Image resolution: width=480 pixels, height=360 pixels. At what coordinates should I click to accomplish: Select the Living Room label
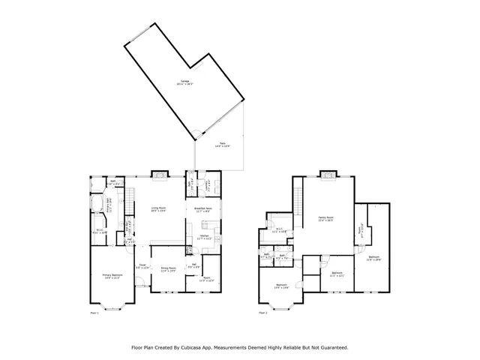(158, 210)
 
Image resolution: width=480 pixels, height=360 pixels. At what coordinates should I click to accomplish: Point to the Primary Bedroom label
(112, 277)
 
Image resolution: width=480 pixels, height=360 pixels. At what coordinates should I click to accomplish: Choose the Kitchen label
(203, 237)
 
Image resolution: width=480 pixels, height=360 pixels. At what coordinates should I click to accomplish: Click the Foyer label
(140, 266)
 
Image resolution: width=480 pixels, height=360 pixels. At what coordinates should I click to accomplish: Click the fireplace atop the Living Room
(160, 175)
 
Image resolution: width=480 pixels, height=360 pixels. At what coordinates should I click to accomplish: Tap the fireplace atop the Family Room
(328, 175)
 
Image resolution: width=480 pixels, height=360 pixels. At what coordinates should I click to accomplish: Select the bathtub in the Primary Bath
(97, 204)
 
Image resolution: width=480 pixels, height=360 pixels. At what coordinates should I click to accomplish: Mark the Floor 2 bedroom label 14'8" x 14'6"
(281, 286)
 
